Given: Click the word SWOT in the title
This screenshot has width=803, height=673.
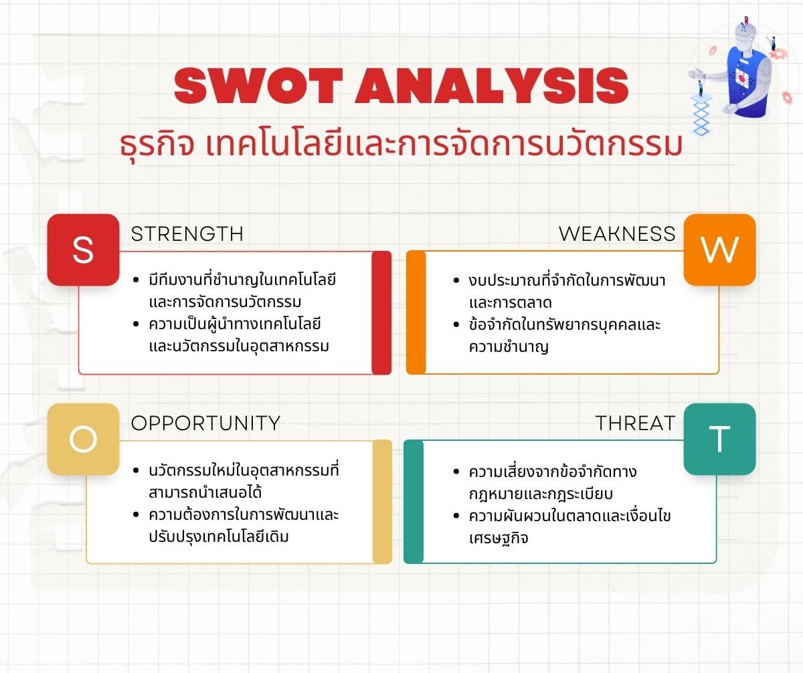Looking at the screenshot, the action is tap(258, 86).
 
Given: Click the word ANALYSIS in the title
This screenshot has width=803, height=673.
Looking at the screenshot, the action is tap(491, 86).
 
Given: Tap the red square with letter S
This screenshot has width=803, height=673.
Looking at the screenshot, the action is tap(83, 250).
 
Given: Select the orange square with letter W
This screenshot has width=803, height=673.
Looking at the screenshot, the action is tap(719, 250).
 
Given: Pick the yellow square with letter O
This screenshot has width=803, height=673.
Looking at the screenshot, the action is tap(83, 439).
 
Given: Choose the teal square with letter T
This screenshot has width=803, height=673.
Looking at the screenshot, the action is tap(719, 439).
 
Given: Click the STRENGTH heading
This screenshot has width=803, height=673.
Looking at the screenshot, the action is tap(187, 234).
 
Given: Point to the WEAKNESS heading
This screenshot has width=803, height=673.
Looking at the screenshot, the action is tap(617, 234).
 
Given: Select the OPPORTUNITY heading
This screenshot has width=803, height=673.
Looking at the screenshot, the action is tap(205, 423).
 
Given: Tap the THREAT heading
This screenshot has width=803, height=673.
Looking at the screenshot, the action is tap(635, 423).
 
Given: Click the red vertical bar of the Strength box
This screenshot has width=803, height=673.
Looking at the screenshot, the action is tap(381, 312).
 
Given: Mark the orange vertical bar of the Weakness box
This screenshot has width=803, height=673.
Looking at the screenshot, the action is tap(416, 312).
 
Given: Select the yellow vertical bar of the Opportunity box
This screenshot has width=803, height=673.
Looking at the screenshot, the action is tap(382, 502).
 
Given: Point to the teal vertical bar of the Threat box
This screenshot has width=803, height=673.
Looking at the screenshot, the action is tap(414, 502).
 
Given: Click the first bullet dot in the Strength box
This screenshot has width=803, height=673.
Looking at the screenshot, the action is tap(135, 280).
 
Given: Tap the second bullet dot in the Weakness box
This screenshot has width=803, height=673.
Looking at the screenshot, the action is tap(456, 325).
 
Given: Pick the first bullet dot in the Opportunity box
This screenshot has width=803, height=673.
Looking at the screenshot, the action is tap(135, 470).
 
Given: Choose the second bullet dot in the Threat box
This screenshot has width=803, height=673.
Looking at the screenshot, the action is tap(456, 516).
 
